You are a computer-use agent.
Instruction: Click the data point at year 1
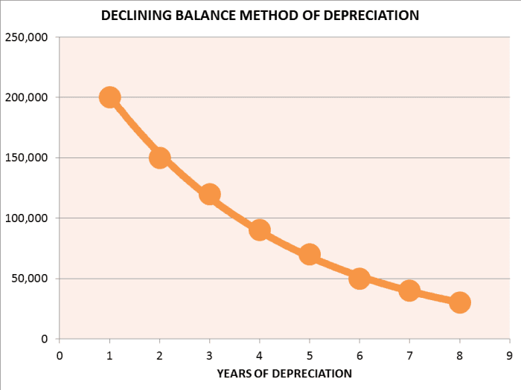(x=110, y=97)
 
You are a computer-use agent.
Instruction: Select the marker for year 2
(x=160, y=157)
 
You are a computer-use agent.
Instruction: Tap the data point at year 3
(x=210, y=194)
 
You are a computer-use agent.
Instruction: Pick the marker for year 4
(x=260, y=230)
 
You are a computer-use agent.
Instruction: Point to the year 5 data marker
(x=310, y=254)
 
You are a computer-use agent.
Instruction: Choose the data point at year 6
(x=359, y=279)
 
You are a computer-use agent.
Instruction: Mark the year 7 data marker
(x=409, y=290)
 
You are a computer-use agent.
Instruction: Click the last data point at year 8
(x=459, y=302)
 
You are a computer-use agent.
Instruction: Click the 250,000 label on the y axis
(x=27, y=37)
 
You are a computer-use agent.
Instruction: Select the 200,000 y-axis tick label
(x=27, y=97)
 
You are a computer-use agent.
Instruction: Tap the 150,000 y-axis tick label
(x=27, y=157)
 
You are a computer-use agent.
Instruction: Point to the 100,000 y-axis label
(x=27, y=218)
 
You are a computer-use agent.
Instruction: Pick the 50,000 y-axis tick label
(x=30, y=279)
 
